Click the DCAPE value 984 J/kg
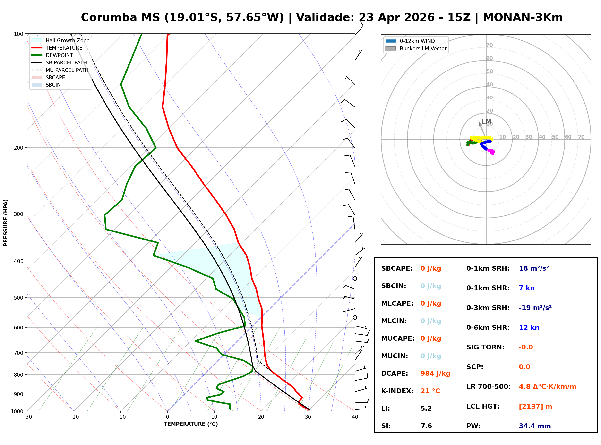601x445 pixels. coord(435,373)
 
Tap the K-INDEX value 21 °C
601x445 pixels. coord(430,391)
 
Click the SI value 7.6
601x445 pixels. coord(426,426)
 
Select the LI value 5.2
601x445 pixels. coord(426,408)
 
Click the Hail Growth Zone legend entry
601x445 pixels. coord(67,40)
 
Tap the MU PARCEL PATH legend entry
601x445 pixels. coord(67,70)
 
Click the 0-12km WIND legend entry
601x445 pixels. coord(417,41)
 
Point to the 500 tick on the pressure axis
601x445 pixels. coord(18,298)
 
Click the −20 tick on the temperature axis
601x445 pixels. coord(74,417)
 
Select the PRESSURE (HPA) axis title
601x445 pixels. coord(6,222)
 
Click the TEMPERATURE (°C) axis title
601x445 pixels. coord(191,424)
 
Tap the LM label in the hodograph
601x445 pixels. coord(486,122)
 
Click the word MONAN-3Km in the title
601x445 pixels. coord(523,18)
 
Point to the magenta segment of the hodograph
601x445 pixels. coord(491,151)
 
